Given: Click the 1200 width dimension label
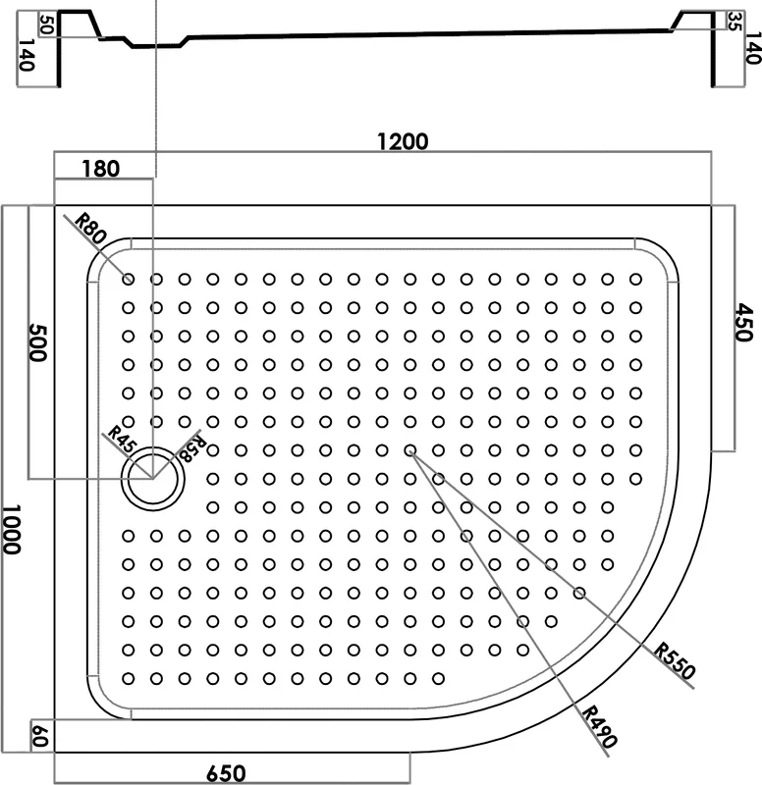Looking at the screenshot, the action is click(403, 141).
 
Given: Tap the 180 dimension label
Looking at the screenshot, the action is click(101, 169).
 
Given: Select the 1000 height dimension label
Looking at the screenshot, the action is click(11, 529).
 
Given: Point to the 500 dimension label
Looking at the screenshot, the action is click(37, 342).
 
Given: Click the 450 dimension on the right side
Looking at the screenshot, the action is click(744, 323).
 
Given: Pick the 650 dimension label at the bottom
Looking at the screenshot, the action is click(226, 773).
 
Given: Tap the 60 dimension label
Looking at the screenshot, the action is click(40, 736).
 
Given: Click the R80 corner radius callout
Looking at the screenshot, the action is click(90, 229).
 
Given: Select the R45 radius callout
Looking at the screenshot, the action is click(122, 439).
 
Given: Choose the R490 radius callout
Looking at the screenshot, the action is click(600, 726).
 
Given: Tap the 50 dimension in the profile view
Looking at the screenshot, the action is click(46, 25).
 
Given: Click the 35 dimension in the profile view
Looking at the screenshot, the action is click(734, 22).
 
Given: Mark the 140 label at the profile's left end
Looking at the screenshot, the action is click(27, 55).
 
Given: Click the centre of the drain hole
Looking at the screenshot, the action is click(153, 479).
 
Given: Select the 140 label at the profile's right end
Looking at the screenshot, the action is click(753, 48).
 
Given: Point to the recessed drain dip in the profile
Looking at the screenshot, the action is click(156, 45).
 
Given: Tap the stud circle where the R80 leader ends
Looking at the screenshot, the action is click(129, 280).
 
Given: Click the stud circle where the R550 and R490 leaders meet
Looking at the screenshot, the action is click(410, 450).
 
